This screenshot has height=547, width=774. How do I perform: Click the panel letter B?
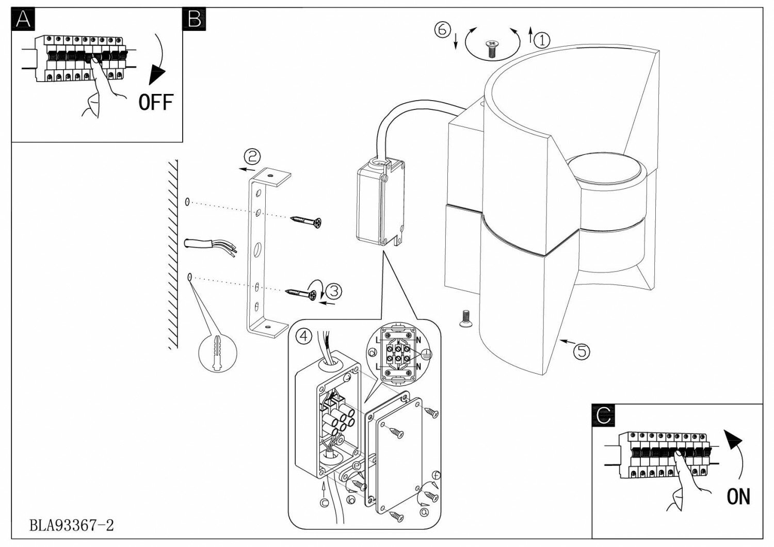click(x=195, y=20)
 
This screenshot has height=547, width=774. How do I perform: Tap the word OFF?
click(x=155, y=102)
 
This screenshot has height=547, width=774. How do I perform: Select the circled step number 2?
click(x=252, y=156)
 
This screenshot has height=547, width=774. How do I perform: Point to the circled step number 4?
click(x=304, y=336)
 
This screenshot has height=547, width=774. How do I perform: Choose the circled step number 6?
click(x=441, y=30)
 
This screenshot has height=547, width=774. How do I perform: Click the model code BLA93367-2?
click(x=71, y=525)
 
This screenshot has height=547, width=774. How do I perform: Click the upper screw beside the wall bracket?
click(x=307, y=221)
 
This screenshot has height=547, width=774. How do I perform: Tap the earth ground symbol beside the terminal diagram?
click(x=425, y=354)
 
